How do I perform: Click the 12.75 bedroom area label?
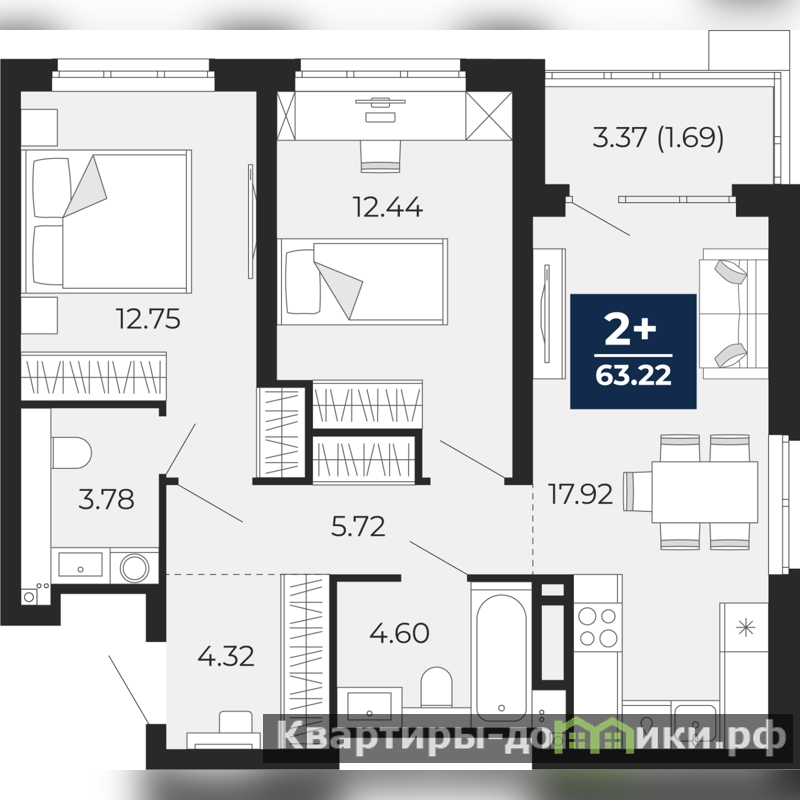tap(148, 319)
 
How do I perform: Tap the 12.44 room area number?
tap(388, 208)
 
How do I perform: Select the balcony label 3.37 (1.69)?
tap(658, 138)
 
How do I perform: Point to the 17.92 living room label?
tap(580, 494)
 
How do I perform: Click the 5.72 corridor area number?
tap(358, 527)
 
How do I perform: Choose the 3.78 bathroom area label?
tap(106, 499)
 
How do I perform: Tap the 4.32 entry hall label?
tap(226, 656)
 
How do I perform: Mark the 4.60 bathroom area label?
tap(399, 633)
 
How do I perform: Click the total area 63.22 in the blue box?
tap(633, 376)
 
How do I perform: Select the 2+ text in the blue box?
tap(631, 330)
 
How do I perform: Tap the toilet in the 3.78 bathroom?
tap(71, 453)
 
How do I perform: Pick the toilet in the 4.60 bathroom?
tap(436, 687)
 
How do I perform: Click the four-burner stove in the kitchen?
tap(597, 627)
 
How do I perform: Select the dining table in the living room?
tap(705, 492)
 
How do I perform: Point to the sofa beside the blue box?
tap(734, 314)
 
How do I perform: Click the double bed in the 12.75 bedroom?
tap(106, 221)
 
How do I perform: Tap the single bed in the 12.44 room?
tap(363, 282)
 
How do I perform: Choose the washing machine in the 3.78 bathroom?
tap(134, 567)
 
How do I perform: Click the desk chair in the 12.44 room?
tap(380, 156)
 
